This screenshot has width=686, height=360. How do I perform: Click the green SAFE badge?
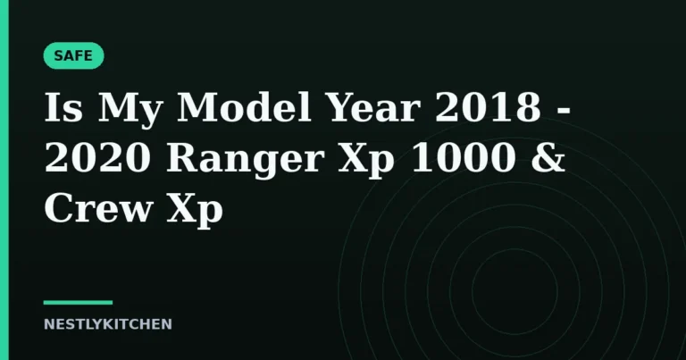coord(73,55)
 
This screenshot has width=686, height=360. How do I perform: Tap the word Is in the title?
coord(63,107)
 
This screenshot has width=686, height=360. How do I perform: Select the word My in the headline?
coord(130,111)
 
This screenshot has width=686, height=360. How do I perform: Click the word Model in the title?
coord(244,106)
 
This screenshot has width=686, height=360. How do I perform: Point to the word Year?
coord(373,107)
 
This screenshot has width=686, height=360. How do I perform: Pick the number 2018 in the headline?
coord(488,107)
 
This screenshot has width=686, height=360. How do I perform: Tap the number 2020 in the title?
coord(97,157)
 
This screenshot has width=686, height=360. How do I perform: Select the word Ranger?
coord(245,161)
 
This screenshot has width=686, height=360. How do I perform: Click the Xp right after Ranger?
coord(366,161)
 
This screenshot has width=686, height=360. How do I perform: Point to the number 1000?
coord(463,157)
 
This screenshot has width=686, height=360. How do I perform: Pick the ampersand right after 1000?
coord(548,157)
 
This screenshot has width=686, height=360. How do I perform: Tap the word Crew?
coord(98,208)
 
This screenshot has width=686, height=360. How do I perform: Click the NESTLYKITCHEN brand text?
coord(107,324)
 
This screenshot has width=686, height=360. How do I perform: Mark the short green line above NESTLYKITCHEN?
coord(78,302)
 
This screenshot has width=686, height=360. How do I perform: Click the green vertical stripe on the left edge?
coord(4,180)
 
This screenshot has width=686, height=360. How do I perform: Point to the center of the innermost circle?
coord(514,292)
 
